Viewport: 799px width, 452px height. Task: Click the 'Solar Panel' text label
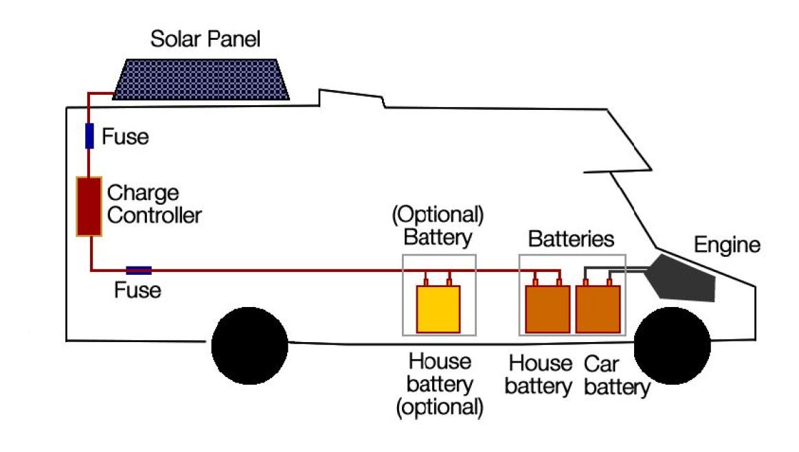tap(205, 39)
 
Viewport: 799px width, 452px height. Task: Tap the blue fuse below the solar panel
tap(89, 135)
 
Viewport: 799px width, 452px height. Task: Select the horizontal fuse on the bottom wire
tap(139, 271)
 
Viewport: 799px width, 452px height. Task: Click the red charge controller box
tap(89, 207)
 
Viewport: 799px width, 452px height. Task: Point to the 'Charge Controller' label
tap(155, 204)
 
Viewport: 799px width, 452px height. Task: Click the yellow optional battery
tap(438, 308)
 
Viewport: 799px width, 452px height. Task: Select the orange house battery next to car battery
tap(548, 308)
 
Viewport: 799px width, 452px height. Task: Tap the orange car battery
tap(598, 308)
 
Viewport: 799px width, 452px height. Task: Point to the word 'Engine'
tap(727, 245)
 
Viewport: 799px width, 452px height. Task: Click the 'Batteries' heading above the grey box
tap(570, 239)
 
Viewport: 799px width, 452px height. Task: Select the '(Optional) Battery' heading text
tap(438, 226)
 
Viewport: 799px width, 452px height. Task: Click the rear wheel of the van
tap(249, 346)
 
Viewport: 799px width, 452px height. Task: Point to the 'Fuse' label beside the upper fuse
tap(125, 137)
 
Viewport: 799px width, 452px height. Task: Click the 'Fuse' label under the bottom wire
tap(137, 291)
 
